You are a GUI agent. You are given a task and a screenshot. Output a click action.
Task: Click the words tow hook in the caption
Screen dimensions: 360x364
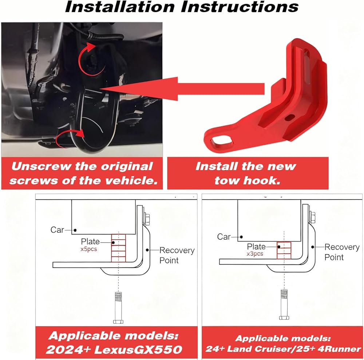tap(248, 180)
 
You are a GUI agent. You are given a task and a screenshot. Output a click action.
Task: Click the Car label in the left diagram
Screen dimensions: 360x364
tap(58, 230)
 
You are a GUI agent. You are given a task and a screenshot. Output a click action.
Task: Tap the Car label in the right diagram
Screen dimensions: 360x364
tap(224, 237)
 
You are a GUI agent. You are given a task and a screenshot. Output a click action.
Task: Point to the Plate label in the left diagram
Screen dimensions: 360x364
tap(90, 242)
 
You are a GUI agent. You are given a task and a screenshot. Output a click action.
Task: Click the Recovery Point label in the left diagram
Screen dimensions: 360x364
tap(177, 255)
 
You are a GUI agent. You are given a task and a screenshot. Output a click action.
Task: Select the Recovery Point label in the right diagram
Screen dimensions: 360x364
tap(342, 252)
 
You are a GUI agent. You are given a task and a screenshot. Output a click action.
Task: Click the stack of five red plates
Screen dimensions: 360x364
tap(119, 248)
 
